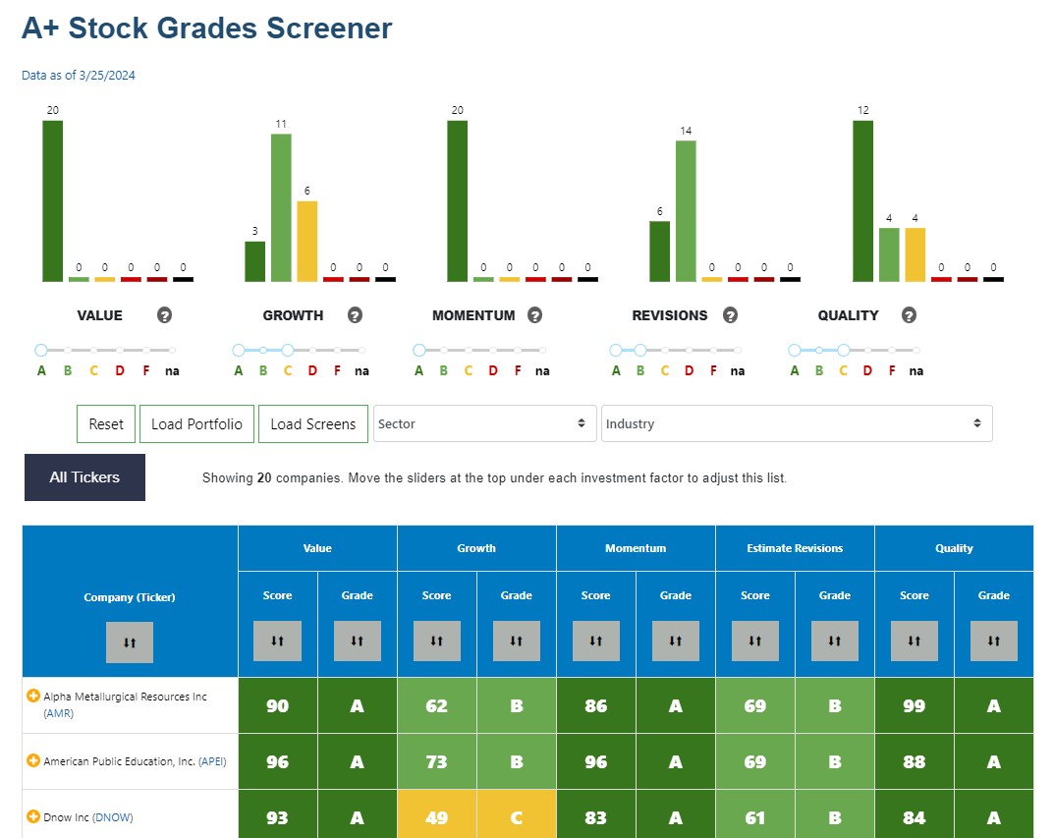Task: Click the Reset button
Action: coord(106,424)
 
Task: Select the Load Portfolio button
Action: coord(196,424)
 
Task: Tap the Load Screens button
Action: coord(312,424)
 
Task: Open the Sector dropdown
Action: coord(484,424)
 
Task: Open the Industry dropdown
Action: coord(796,424)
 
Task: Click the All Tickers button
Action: coord(84,477)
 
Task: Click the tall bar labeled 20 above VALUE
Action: coord(52,200)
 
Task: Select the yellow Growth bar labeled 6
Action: coord(306,241)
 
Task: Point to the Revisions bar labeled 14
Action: coord(686,210)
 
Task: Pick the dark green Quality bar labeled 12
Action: coord(862,200)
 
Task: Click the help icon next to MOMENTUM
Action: coord(534,315)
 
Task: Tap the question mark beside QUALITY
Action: coord(909,315)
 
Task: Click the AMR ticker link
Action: coord(59,714)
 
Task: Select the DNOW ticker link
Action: coord(113,817)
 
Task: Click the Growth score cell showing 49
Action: coord(436,817)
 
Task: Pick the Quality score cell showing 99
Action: coord(914,705)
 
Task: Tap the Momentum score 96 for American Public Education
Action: coord(595,761)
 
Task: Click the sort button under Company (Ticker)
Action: coord(130,642)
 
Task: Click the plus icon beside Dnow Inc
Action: coord(33,816)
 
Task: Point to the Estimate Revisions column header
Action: coord(794,548)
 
